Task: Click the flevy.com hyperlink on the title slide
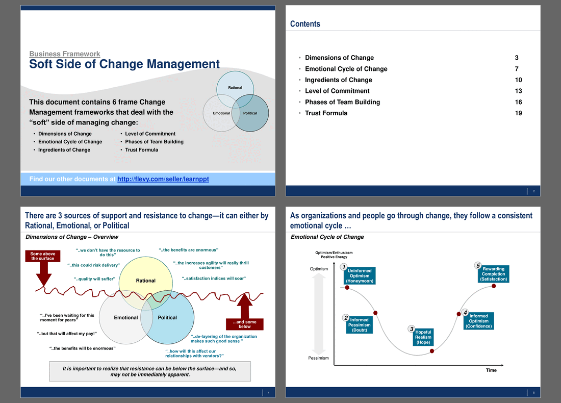click(163, 179)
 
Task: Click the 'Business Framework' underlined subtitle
click(65, 54)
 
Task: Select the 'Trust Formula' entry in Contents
click(326, 113)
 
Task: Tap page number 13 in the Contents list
click(519, 91)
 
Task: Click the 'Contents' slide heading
click(305, 24)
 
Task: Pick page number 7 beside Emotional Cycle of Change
click(517, 69)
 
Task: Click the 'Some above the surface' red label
click(42, 256)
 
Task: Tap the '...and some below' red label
click(245, 324)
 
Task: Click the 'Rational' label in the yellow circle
click(146, 281)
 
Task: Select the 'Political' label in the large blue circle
click(167, 317)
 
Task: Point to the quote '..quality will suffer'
click(94, 279)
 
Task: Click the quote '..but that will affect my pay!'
click(66, 334)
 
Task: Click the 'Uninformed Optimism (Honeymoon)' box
click(360, 276)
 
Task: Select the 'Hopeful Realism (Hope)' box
click(423, 337)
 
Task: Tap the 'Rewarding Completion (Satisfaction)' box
click(494, 274)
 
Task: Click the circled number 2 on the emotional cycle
click(346, 318)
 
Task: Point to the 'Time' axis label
click(491, 370)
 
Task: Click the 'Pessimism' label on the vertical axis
click(318, 358)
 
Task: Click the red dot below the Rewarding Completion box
click(494, 286)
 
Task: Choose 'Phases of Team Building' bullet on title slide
click(154, 142)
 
